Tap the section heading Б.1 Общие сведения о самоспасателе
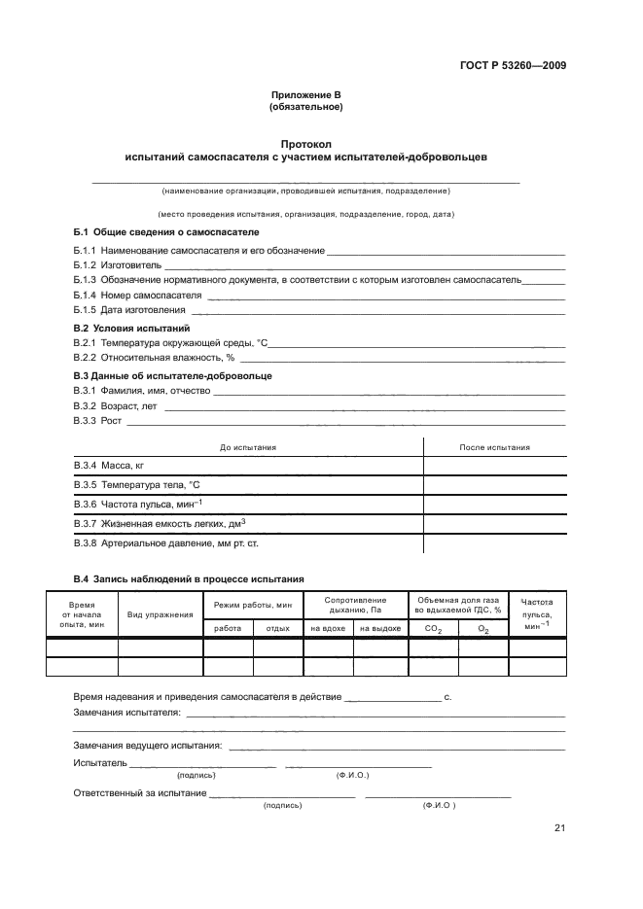click(167, 233)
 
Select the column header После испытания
click(494, 447)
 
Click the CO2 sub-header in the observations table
click(433, 630)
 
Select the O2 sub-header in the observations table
click(482, 630)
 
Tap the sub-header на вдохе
click(329, 629)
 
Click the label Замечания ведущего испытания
click(148, 746)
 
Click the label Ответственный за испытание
click(140, 793)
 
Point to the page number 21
click(559, 828)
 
